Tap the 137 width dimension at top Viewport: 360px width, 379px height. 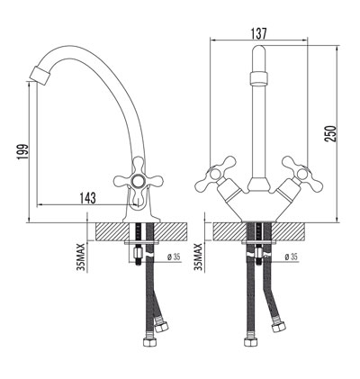coord(258,33)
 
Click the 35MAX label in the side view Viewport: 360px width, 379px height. coord(81,255)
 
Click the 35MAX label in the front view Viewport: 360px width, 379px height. coord(199,255)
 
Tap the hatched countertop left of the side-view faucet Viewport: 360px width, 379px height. coord(112,230)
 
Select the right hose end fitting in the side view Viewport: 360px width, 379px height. coord(162,325)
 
